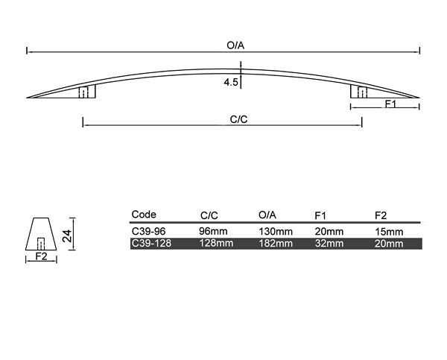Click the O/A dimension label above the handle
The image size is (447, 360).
(235, 45)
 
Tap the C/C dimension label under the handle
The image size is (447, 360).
(239, 119)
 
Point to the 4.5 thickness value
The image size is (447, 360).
(229, 83)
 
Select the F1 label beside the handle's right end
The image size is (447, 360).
(390, 104)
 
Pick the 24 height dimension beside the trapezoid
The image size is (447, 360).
(68, 236)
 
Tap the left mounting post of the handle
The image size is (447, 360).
(87, 92)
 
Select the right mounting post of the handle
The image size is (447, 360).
(359, 92)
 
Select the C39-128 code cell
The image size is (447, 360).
(150, 243)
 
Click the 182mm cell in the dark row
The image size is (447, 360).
(276, 243)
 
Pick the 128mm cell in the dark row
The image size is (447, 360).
(215, 243)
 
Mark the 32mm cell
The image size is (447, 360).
(329, 243)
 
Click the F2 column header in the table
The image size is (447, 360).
(381, 215)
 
